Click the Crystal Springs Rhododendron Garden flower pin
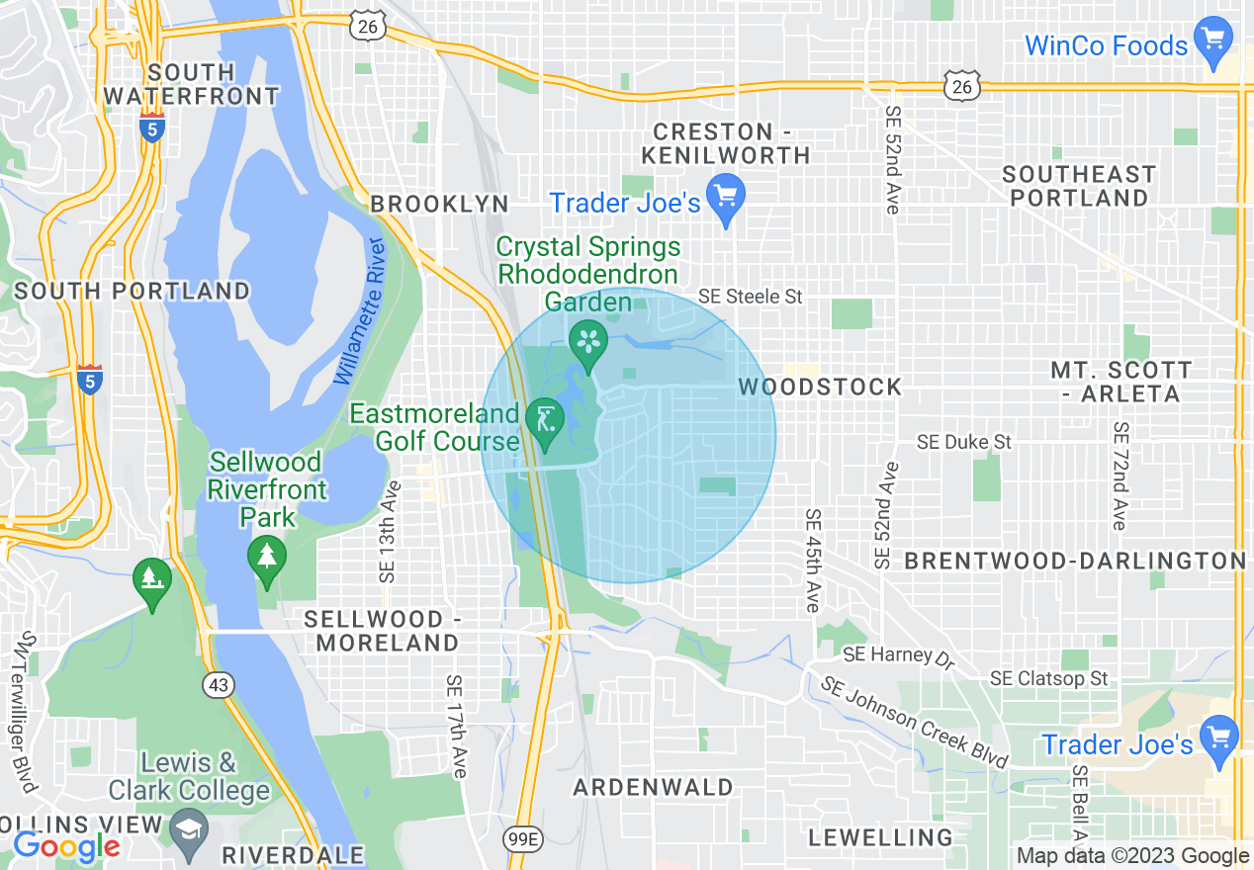[589, 342]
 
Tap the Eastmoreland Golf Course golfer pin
[544, 420]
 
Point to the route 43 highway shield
[219, 684]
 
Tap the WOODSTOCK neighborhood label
[820, 387]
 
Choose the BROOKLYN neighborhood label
[439, 205]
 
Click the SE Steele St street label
[751, 296]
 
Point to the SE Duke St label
[964, 441]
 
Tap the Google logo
[66, 846]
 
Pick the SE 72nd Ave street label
[1120, 476]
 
